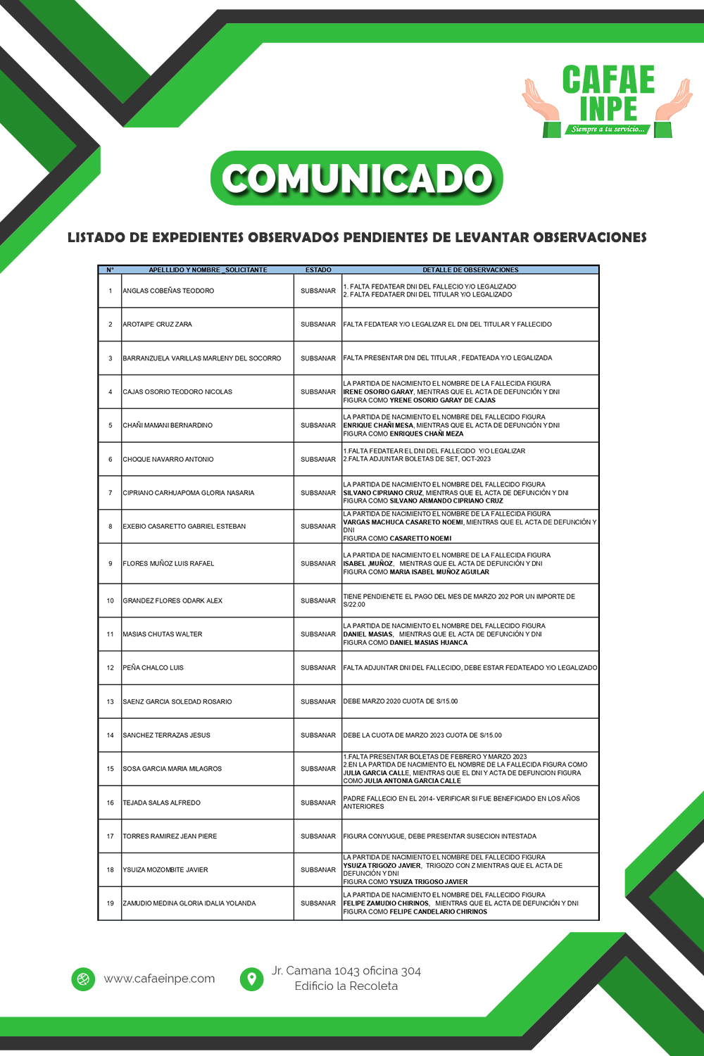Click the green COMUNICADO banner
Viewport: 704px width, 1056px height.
coord(357,178)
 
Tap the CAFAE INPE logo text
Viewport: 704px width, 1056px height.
coord(608,94)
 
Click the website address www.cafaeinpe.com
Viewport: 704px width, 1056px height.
coord(159,979)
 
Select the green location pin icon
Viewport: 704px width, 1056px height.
coord(251,979)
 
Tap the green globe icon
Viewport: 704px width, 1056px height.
coord(83,979)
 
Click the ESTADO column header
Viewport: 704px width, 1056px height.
coord(318,270)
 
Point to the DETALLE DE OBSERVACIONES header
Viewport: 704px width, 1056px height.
coord(470,270)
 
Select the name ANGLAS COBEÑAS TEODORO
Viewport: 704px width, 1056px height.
coord(168,291)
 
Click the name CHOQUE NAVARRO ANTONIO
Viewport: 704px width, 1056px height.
coord(168,459)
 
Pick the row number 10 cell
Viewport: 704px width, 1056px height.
coord(111,601)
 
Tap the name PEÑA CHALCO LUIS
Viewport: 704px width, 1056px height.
coord(153,667)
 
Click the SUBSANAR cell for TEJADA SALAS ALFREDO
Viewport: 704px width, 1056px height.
coord(318,803)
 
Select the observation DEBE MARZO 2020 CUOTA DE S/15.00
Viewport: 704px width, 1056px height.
coord(401,701)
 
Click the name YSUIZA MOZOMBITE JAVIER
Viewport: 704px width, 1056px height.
coord(165,869)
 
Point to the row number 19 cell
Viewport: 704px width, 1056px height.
coord(111,903)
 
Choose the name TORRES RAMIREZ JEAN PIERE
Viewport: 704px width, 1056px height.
coord(170,836)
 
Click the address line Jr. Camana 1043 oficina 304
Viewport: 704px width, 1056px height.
coord(346,971)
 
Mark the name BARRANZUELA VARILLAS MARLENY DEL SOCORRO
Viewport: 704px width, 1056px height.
coord(202,358)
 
